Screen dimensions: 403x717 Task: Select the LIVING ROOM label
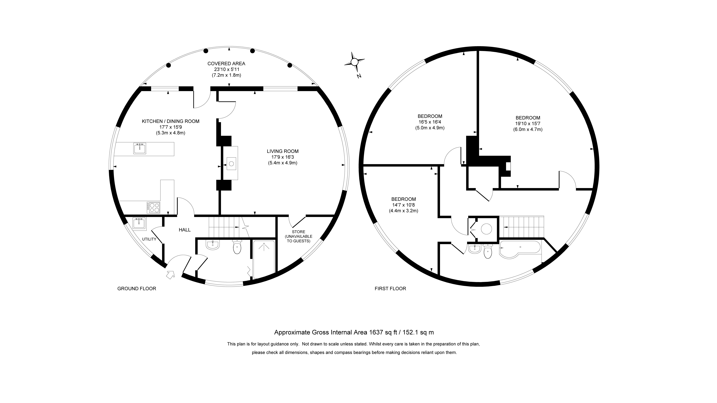(283, 151)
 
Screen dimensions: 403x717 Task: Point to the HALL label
(185, 230)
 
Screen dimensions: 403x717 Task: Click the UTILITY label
(149, 239)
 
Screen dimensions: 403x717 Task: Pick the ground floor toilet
(237, 247)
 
